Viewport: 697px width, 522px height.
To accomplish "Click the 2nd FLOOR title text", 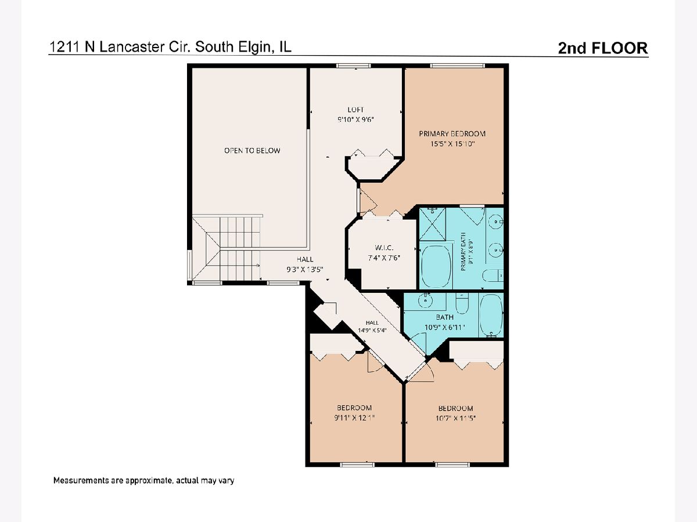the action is click(x=603, y=48).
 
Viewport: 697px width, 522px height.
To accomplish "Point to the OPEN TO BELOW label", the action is click(x=252, y=151).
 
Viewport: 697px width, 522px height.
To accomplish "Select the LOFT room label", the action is click(x=355, y=110).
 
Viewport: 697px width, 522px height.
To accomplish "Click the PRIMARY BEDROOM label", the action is click(x=452, y=134).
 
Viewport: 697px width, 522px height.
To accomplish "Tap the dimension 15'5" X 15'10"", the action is click(x=452, y=144).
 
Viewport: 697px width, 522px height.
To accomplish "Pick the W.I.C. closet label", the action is click(x=383, y=248).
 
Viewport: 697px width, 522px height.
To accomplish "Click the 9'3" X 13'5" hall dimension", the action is click(x=305, y=270).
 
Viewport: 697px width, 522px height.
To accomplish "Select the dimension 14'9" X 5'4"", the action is click(x=372, y=330).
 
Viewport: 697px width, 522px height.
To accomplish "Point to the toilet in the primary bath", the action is click(x=493, y=275).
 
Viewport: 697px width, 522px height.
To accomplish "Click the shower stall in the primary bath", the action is click(x=432, y=224).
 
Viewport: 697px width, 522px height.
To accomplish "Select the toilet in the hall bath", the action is click(x=462, y=303).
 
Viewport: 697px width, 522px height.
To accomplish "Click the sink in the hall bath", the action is click(x=425, y=300).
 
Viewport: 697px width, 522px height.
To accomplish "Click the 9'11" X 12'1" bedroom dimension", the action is click(x=354, y=418).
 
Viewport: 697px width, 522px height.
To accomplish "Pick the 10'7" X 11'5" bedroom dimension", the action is click(x=456, y=418).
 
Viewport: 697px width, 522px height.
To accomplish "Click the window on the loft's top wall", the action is click(x=353, y=66).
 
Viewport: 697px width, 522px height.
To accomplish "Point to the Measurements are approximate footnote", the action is click(x=144, y=480).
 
